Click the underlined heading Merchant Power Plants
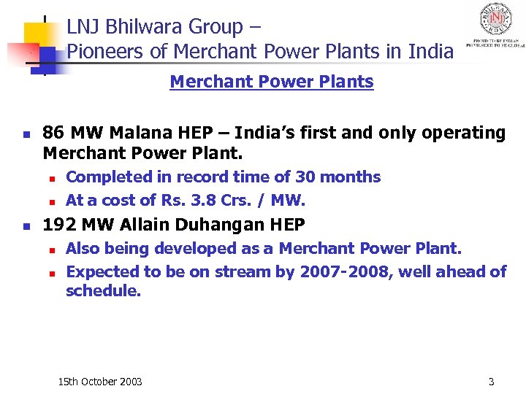[x=271, y=82]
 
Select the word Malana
[x=135, y=133]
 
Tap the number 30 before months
[x=305, y=177]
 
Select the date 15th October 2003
[x=100, y=382]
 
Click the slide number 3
[x=491, y=382]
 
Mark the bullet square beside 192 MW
[x=26, y=225]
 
